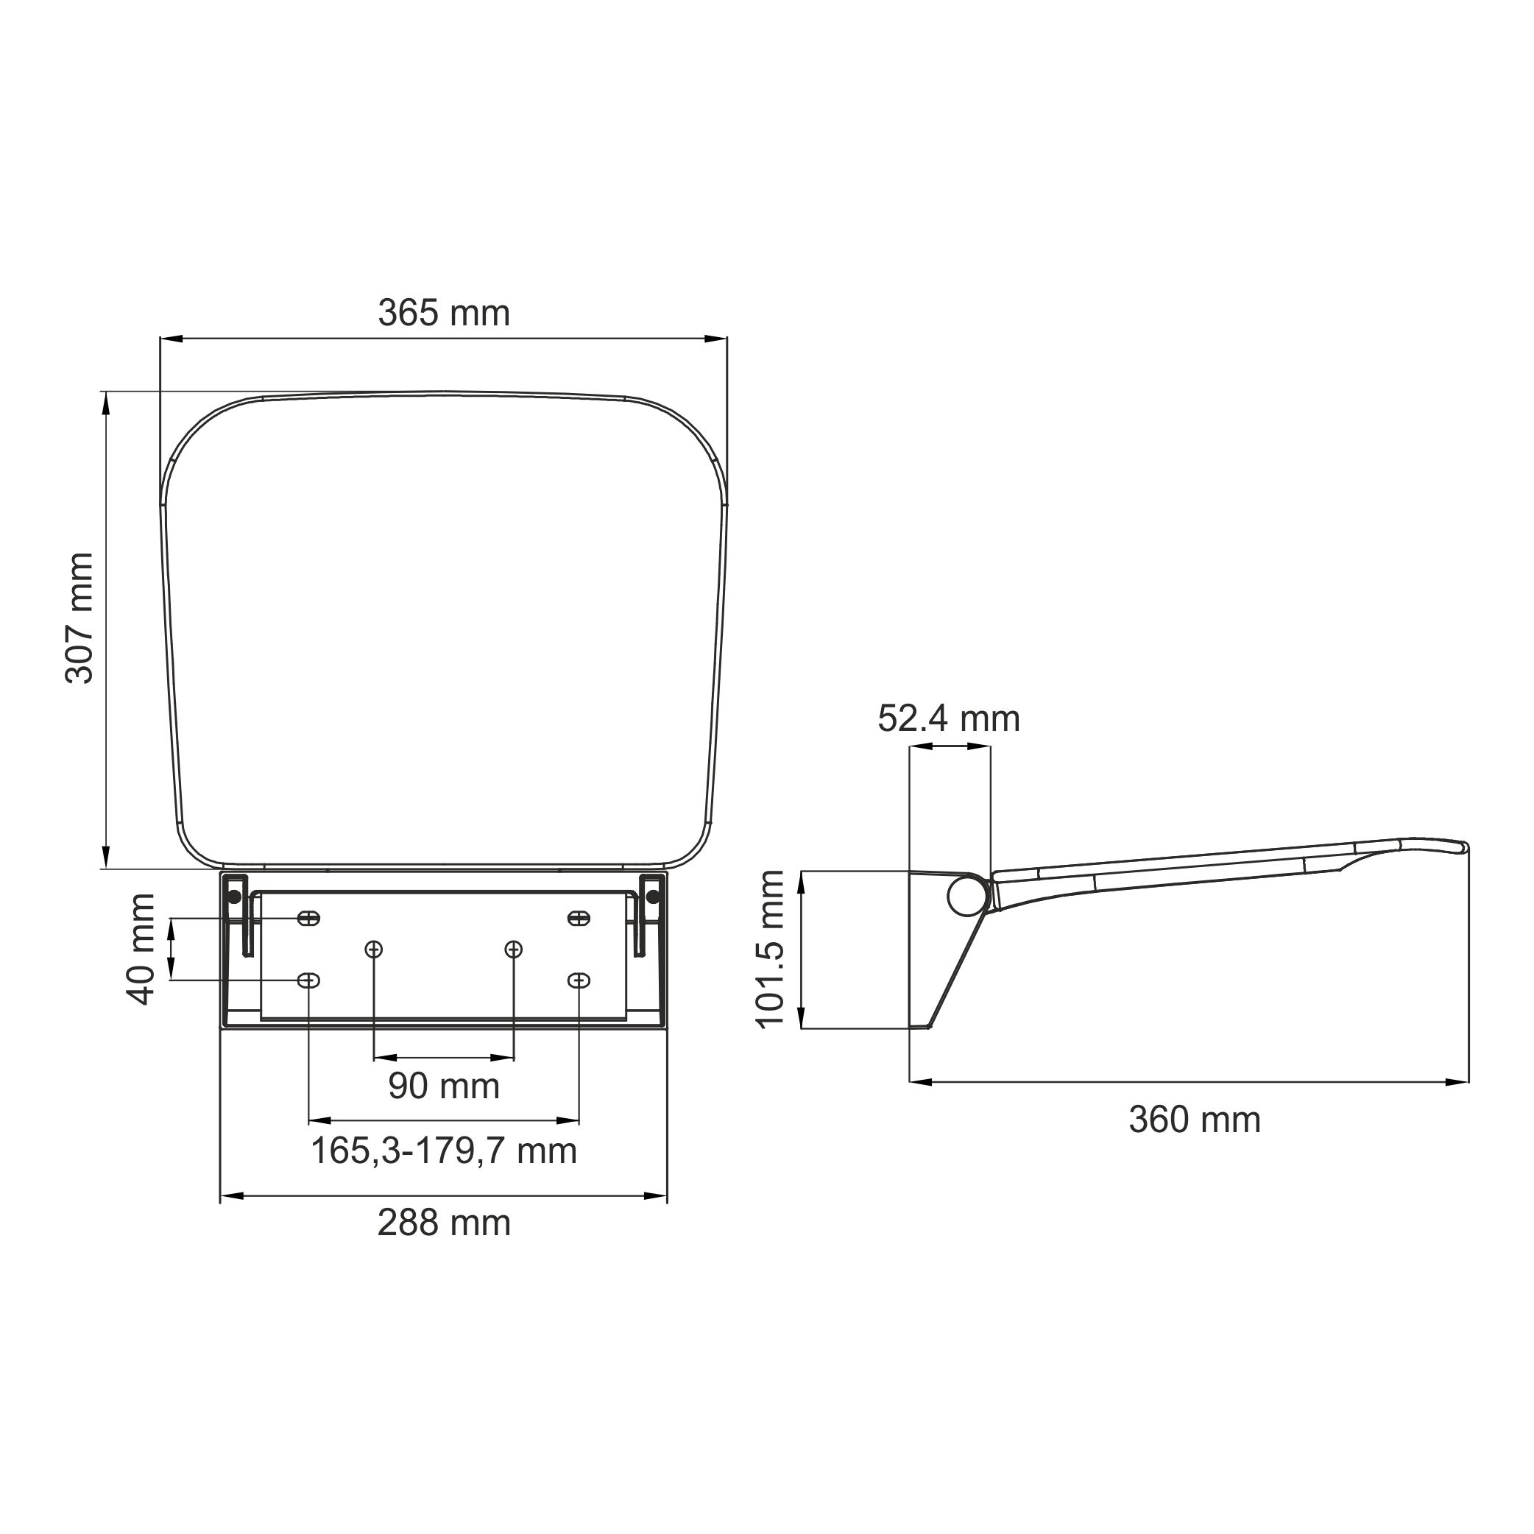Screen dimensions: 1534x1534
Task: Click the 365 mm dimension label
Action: click(x=443, y=314)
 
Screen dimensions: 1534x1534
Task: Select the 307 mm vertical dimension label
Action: click(x=80, y=618)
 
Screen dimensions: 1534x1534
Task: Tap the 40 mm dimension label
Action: click(x=142, y=949)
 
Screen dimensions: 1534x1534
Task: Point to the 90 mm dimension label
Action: click(x=444, y=1086)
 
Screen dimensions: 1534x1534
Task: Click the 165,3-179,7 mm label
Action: click(x=444, y=1151)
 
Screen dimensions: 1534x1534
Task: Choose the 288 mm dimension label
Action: click(x=444, y=1223)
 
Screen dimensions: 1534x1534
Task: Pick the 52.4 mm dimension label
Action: click(x=949, y=719)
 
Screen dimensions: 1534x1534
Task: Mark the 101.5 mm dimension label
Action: click(x=769, y=949)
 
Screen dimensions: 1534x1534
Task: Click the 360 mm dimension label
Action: click(x=1195, y=1120)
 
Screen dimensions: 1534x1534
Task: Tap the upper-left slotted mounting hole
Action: click(x=308, y=919)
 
